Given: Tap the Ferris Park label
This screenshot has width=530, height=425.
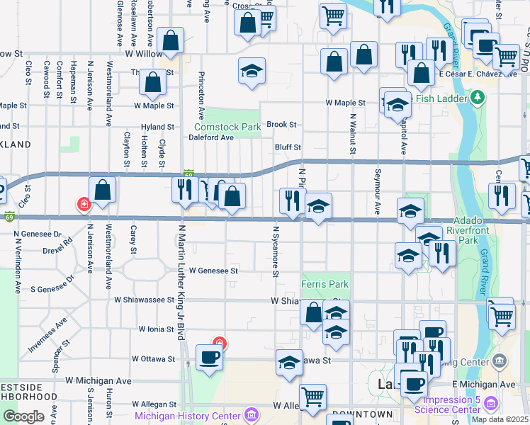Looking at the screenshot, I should pos(325,284).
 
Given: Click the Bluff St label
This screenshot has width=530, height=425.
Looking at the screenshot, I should pos(288,147).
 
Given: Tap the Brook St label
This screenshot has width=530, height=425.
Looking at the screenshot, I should pos(281,125).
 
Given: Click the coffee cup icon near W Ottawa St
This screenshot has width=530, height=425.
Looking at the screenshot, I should pos(209,358).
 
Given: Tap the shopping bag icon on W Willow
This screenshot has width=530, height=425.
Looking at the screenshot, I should pos(171,42).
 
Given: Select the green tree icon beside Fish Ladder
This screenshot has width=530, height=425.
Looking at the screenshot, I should pos(478,96).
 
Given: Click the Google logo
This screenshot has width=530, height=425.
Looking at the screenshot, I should pos(23,416).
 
